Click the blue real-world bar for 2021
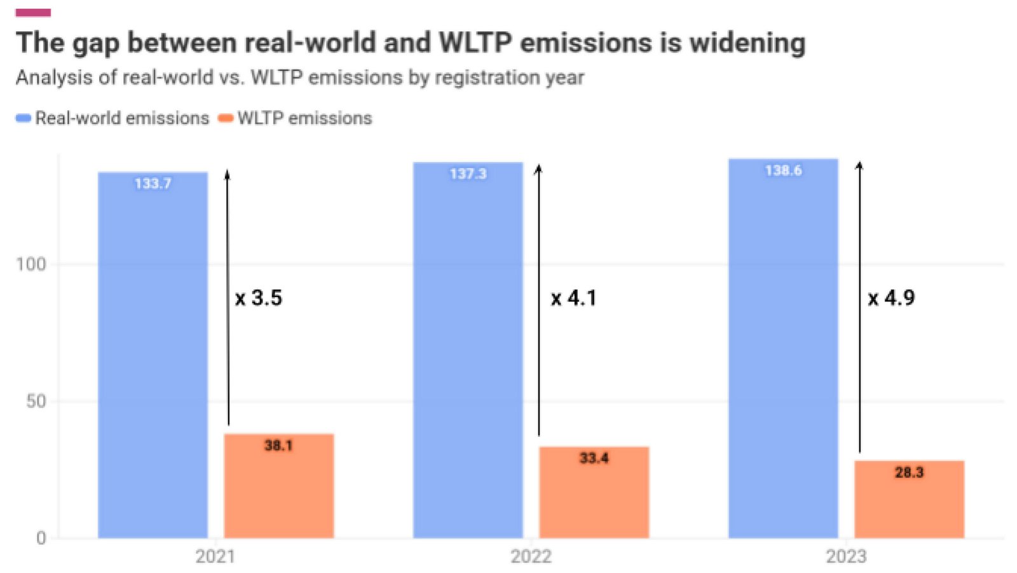click(153, 356)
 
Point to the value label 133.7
click(153, 184)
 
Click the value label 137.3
click(468, 174)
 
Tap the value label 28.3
click(909, 473)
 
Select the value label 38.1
click(278, 445)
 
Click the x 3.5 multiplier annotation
click(259, 298)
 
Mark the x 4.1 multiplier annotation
click(573, 298)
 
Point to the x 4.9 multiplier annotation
click(891, 298)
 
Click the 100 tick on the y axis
click(31, 264)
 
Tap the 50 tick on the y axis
click(36, 401)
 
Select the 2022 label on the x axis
click(531, 556)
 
